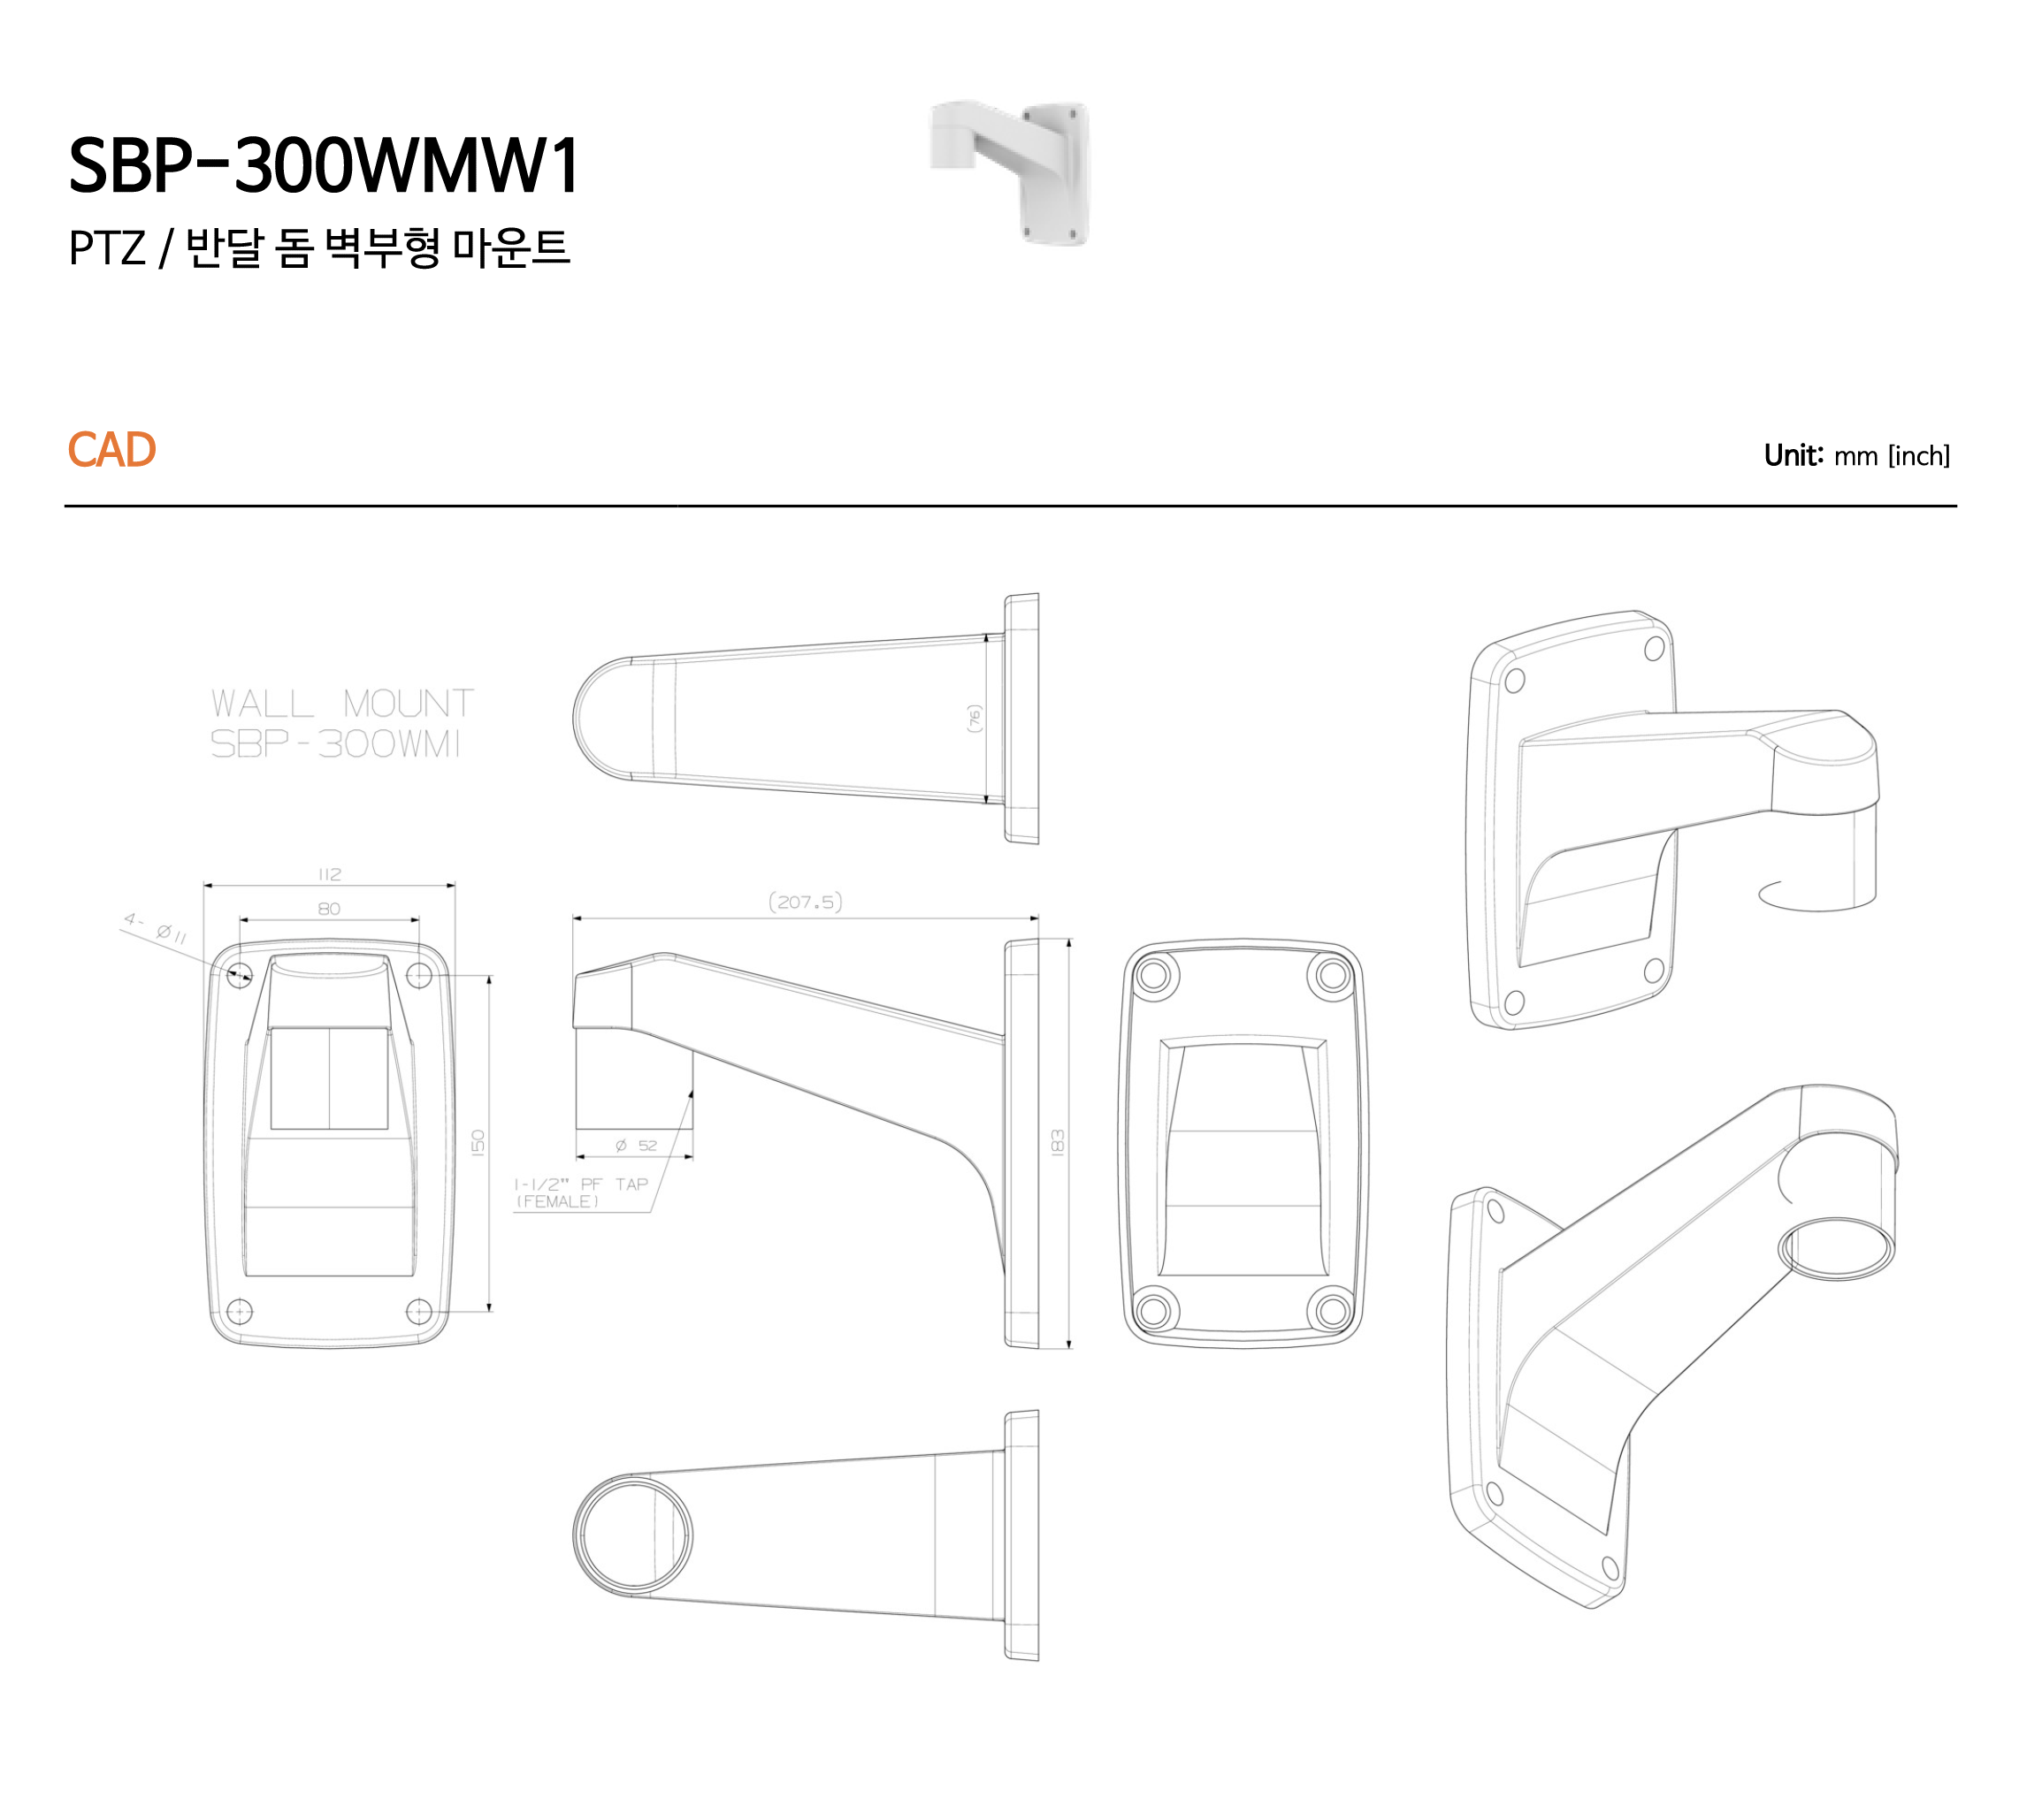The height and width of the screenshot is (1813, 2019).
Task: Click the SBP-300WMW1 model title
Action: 324,165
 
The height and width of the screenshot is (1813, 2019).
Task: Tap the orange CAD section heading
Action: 111,450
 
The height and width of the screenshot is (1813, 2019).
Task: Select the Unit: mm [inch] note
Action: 1855,456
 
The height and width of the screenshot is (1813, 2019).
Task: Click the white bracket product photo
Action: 1008,171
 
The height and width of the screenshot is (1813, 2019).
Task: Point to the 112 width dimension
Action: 329,874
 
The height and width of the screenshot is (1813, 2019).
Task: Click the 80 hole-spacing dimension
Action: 329,909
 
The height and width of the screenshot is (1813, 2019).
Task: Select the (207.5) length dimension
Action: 805,903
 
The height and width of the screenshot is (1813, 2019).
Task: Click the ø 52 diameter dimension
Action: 636,1146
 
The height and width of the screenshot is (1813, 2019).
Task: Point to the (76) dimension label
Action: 974,719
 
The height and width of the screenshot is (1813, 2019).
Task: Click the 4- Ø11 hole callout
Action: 156,927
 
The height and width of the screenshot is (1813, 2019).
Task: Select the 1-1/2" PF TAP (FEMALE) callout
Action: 580,1192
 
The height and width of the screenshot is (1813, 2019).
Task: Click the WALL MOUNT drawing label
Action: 342,704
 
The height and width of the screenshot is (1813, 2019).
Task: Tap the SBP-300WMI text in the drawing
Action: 335,744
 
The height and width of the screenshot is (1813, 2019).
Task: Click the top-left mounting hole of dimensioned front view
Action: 239,974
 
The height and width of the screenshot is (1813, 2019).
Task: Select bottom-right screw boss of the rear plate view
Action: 1333,1310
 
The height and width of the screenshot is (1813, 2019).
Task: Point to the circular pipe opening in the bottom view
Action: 634,1534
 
